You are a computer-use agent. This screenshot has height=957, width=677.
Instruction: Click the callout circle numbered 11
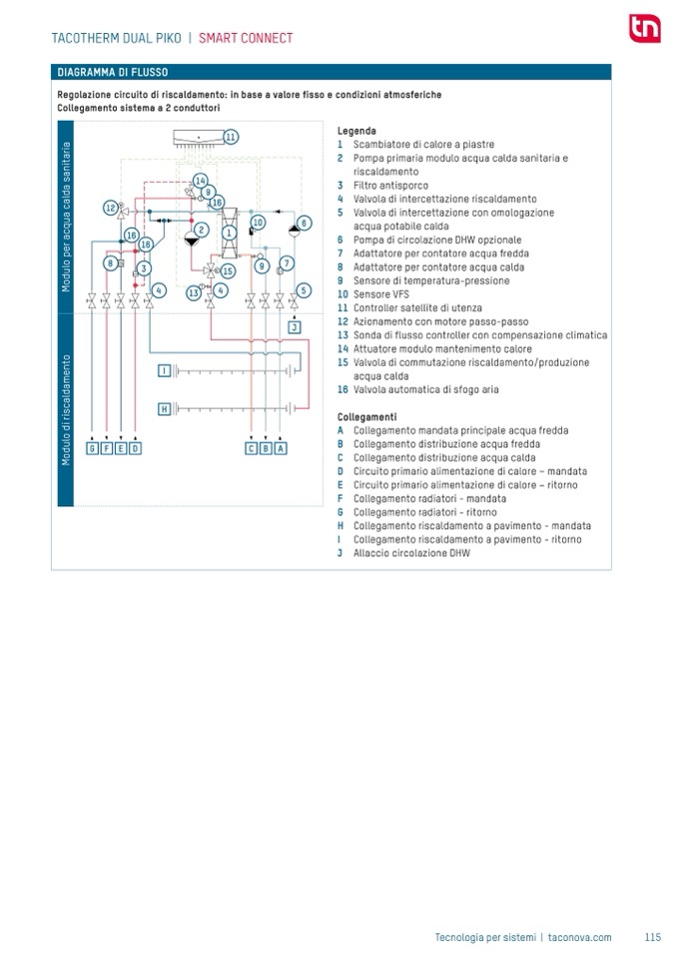coord(231,137)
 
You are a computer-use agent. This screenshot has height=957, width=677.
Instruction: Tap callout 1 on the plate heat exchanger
coord(229,233)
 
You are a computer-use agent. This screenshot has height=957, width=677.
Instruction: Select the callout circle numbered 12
coord(111,208)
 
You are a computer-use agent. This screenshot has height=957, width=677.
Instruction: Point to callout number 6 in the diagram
coord(305,223)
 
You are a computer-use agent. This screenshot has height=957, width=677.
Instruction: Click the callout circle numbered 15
coord(228,270)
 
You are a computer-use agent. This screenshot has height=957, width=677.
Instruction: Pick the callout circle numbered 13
coord(194,292)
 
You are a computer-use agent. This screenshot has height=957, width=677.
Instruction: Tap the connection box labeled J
coord(295,327)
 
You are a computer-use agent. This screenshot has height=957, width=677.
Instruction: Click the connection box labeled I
coord(164,370)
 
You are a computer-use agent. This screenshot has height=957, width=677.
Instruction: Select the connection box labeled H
coord(164,408)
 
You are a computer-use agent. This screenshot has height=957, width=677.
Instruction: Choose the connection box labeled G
coord(92,448)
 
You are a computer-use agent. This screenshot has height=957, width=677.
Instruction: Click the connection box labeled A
coord(281,448)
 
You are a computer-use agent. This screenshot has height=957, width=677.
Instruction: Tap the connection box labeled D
coord(136,448)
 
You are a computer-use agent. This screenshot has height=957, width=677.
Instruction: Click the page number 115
coord(652,937)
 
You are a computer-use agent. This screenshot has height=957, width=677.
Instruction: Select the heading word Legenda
coord(356,131)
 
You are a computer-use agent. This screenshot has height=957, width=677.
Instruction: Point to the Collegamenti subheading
coord(366,416)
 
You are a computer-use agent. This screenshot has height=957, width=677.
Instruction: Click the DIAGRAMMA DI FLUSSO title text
coord(113,73)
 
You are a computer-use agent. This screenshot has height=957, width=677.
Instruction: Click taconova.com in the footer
coord(579,937)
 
